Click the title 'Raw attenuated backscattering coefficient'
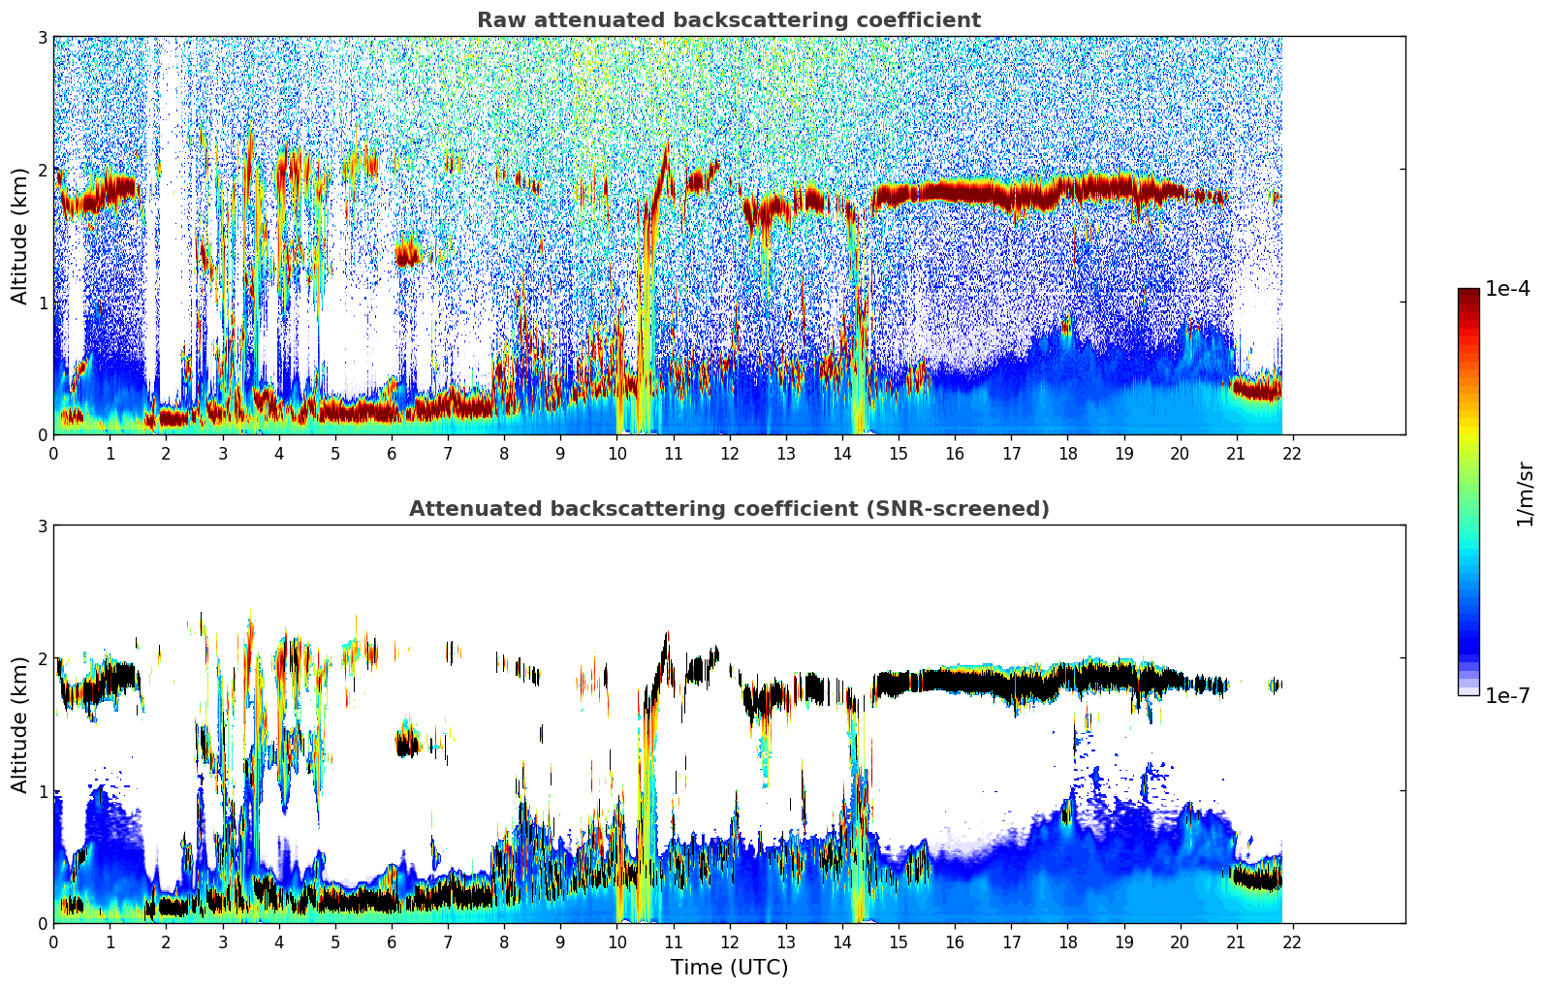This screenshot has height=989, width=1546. coord(728,20)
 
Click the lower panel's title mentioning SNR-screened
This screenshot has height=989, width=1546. coord(728,509)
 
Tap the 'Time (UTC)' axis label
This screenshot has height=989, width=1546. coord(729,968)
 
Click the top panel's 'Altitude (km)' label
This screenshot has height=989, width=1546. coord(20,236)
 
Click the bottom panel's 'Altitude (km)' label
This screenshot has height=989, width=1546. coord(20,724)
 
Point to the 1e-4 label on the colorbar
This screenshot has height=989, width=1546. coord(1507,289)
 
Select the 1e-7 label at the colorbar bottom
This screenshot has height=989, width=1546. coord(1507,695)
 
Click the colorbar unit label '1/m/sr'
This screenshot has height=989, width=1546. coord(1525,494)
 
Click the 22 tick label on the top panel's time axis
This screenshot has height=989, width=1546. coord(1292,454)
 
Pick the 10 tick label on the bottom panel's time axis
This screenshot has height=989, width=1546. coord(616,942)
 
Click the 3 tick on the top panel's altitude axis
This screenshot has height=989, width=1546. coord(43,38)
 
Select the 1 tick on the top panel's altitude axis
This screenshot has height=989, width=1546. coord(43,303)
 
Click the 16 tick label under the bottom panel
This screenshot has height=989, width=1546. coord(955,942)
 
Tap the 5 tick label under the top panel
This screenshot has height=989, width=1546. coord(335,454)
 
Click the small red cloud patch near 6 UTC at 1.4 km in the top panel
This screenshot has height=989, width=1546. coord(408,256)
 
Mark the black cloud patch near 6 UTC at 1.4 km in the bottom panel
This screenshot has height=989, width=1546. coord(408,746)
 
